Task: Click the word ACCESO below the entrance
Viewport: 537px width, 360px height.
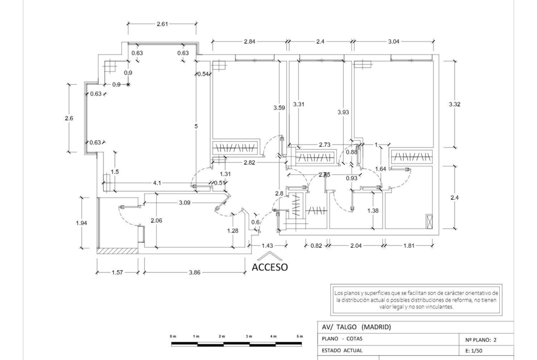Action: tap(270, 267)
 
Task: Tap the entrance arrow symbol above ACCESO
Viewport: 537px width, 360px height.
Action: tap(270, 256)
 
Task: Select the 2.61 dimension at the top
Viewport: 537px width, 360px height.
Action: tap(162, 24)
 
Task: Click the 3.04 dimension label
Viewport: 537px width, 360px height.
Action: tap(393, 41)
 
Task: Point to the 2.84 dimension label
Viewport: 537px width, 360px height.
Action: tap(249, 41)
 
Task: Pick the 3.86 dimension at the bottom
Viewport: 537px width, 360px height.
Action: tap(195, 272)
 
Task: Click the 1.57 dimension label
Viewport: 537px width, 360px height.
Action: tap(117, 272)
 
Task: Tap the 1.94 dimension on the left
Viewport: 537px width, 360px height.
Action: tap(82, 223)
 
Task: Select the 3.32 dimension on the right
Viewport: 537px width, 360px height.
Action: tap(454, 105)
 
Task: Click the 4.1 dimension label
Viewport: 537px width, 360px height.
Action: tap(157, 183)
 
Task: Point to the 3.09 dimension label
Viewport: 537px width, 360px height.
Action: tap(185, 203)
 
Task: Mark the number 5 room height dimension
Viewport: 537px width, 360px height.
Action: tap(196, 126)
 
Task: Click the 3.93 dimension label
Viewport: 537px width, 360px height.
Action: tap(343, 112)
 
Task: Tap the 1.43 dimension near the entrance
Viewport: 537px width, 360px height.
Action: tap(268, 246)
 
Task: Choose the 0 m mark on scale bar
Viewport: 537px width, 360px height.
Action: tap(173, 337)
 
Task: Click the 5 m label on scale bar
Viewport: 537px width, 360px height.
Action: tap(300, 337)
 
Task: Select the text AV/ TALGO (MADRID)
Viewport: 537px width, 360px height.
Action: tap(356, 327)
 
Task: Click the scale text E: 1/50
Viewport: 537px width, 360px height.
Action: tap(474, 351)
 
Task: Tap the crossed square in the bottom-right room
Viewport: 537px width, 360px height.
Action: tap(429, 222)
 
